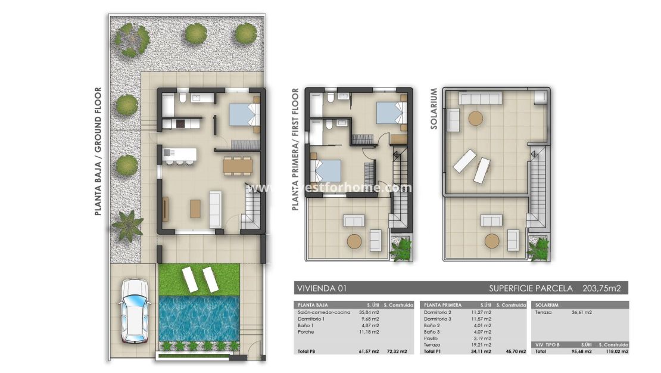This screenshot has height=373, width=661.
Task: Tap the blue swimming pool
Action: [x=199, y=318]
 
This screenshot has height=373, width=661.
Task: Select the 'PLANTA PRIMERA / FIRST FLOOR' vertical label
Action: [x=295, y=150]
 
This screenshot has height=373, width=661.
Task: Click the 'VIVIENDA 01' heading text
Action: [x=322, y=288]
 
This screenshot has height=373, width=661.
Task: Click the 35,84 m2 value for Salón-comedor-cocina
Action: [x=369, y=312]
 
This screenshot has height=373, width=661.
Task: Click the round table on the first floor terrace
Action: [x=354, y=241]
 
